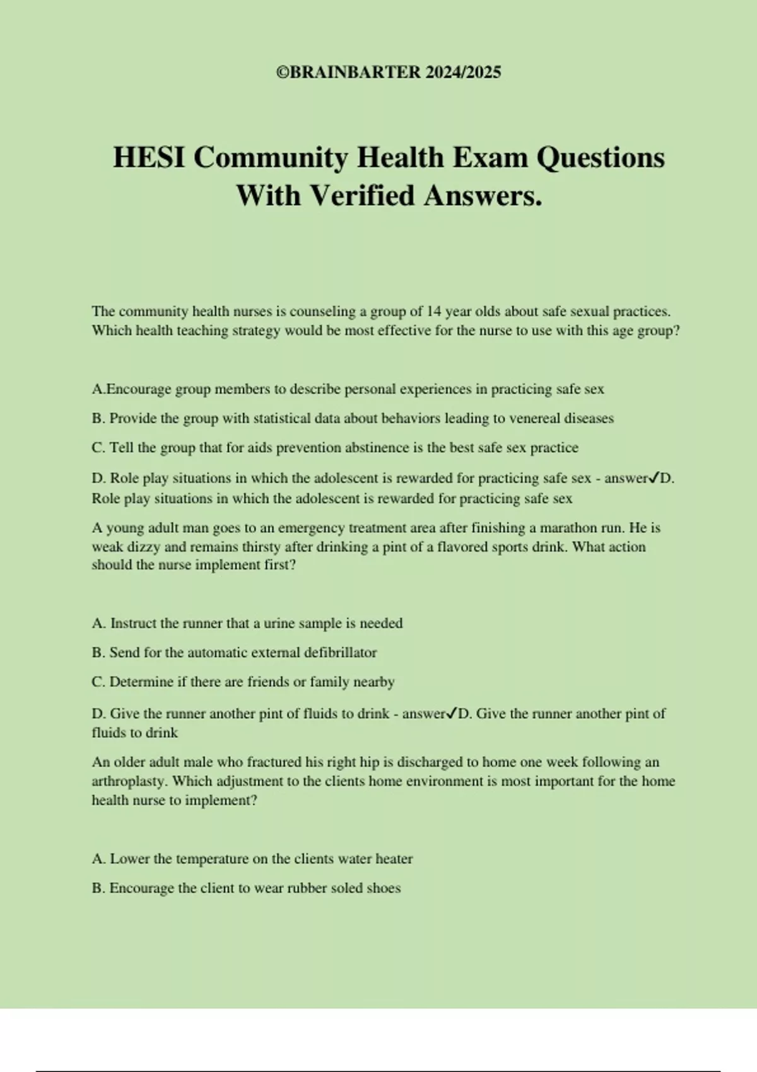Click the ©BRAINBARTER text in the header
(x=348, y=73)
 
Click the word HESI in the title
(x=149, y=158)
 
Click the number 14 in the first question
(x=434, y=312)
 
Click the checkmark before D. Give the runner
(x=452, y=714)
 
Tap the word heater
(x=394, y=859)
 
